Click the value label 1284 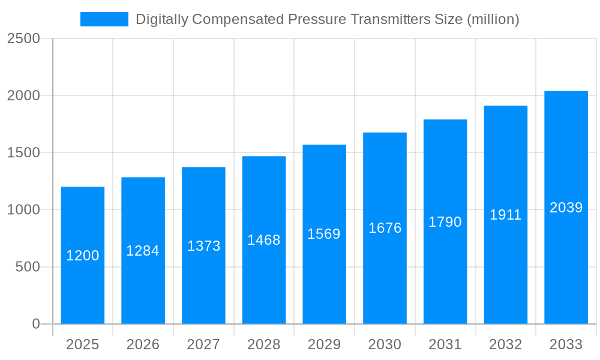click(x=143, y=251)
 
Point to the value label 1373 click(x=204, y=246)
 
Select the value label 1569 click(x=324, y=234)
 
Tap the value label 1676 click(x=385, y=228)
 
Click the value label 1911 click(x=506, y=215)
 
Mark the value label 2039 click(x=566, y=208)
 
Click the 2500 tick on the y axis click(x=23, y=39)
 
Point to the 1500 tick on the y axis click(x=23, y=153)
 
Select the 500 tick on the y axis click(x=27, y=267)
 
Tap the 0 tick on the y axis click(x=35, y=324)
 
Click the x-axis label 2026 click(x=143, y=344)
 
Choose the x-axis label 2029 click(x=324, y=344)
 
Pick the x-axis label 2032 click(x=506, y=344)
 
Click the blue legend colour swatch click(x=104, y=19)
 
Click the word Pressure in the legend click(x=317, y=19)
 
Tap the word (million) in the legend click(x=492, y=19)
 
